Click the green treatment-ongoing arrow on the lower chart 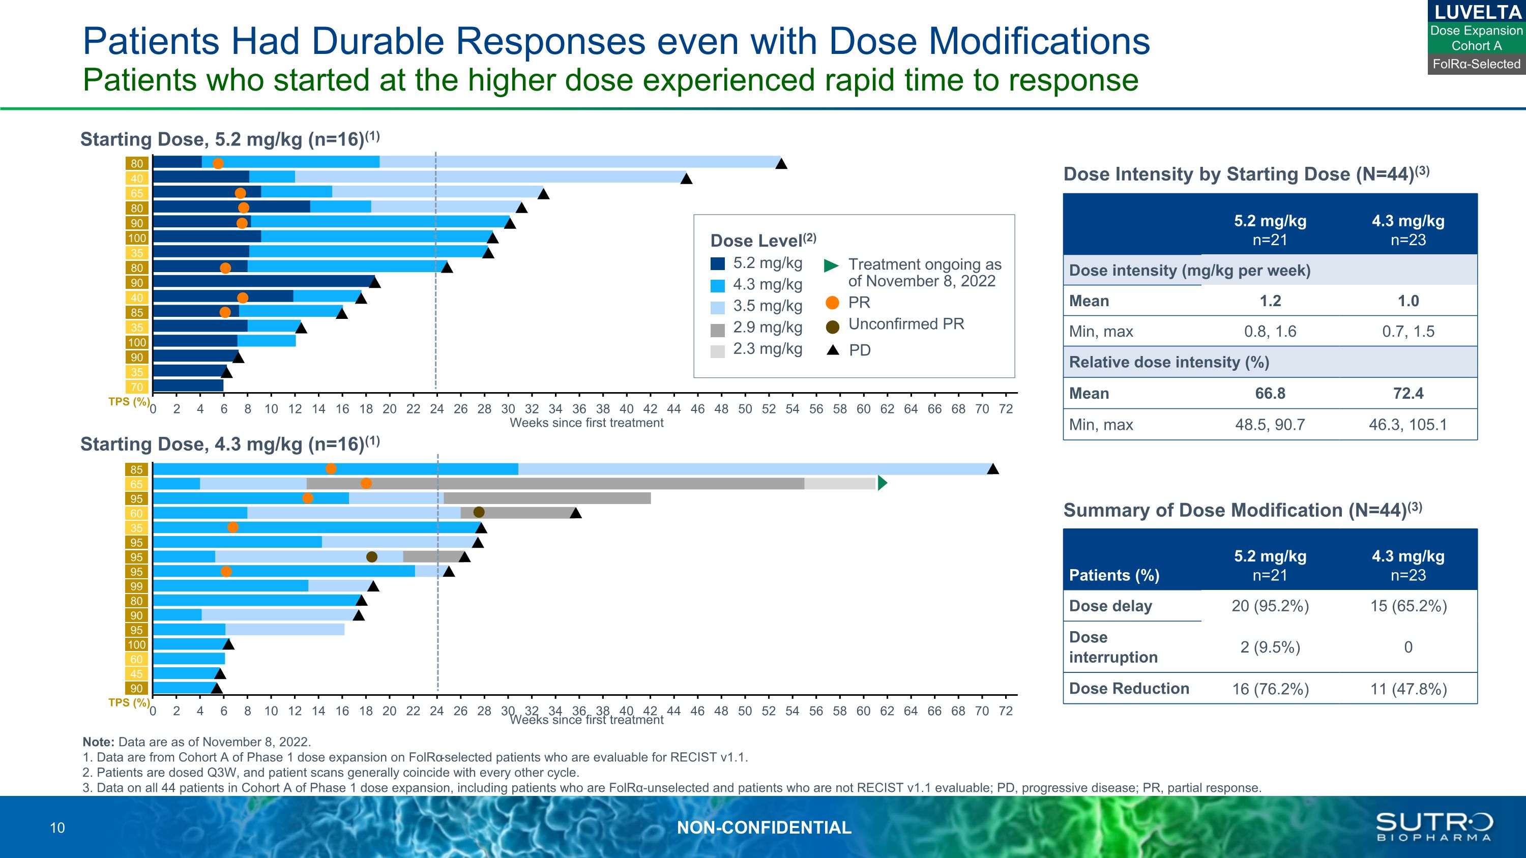point(882,483)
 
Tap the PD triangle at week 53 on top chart point(781,164)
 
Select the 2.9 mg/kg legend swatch point(717,330)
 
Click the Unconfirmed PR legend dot point(832,327)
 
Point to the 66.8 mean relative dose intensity point(1270,394)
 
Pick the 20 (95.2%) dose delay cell point(1270,606)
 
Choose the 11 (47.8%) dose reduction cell point(1408,689)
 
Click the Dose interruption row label point(1112,647)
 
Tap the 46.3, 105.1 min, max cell point(1407,425)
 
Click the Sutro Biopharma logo point(1433,826)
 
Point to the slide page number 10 point(57,829)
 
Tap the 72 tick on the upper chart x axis point(1005,409)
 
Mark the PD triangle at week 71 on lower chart point(993,469)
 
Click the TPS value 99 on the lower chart point(137,586)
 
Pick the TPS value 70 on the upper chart point(137,387)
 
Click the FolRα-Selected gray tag point(1476,64)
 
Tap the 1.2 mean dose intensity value point(1270,301)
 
